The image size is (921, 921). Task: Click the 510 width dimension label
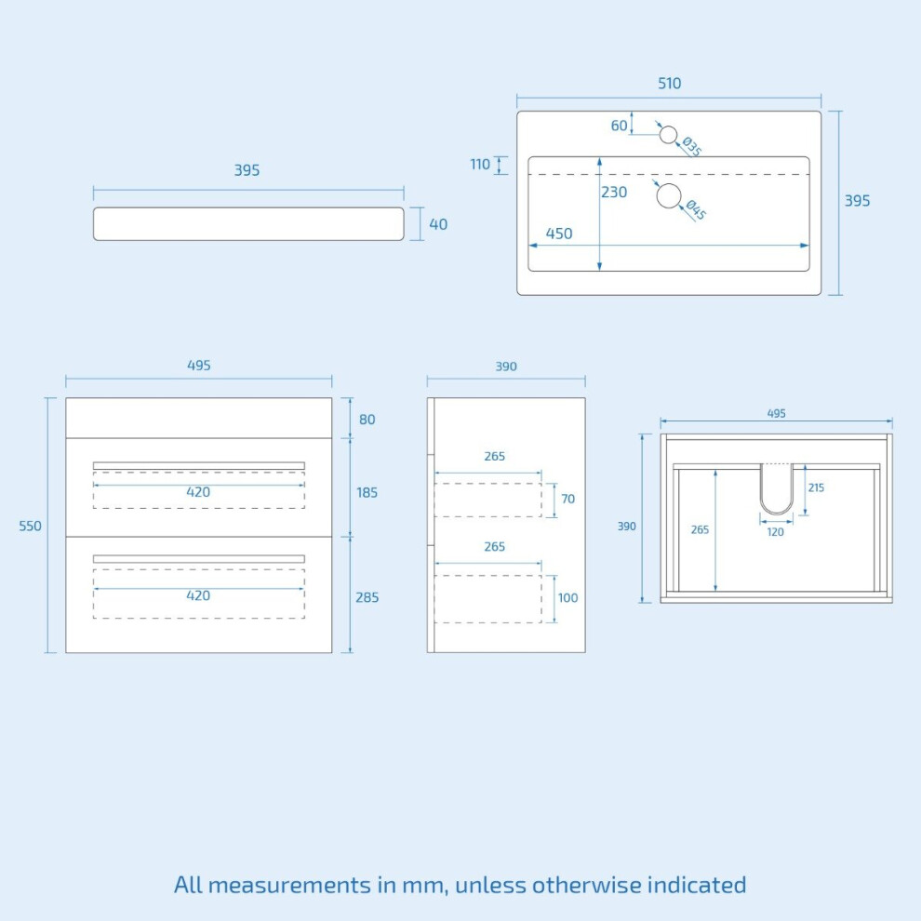(x=669, y=84)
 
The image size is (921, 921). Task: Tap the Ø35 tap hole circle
(x=668, y=135)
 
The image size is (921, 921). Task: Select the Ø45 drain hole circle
(x=669, y=195)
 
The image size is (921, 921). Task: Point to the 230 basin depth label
(x=614, y=192)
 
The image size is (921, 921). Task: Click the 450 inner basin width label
(x=558, y=234)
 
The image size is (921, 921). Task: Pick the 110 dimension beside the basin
(x=479, y=165)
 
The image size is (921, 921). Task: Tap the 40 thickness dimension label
(x=438, y=224)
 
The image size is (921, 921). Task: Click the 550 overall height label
(x=30, y=526)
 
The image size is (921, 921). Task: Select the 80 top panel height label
(x=367, y=420)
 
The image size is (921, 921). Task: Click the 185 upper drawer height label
(x=367, y=493)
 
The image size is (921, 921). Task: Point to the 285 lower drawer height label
(x=367, y=597)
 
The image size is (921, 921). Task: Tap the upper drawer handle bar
(x=198, y=466)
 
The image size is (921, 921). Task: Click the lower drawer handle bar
(x=198, y=558)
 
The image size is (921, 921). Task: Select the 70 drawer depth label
(x=568, y=499)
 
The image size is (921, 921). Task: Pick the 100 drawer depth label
(x=568, y=598)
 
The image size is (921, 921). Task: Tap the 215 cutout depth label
(x=816, y=487)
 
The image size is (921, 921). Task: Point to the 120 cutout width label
(x=775, y=532)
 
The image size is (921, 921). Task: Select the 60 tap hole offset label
(x=619, y=126)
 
